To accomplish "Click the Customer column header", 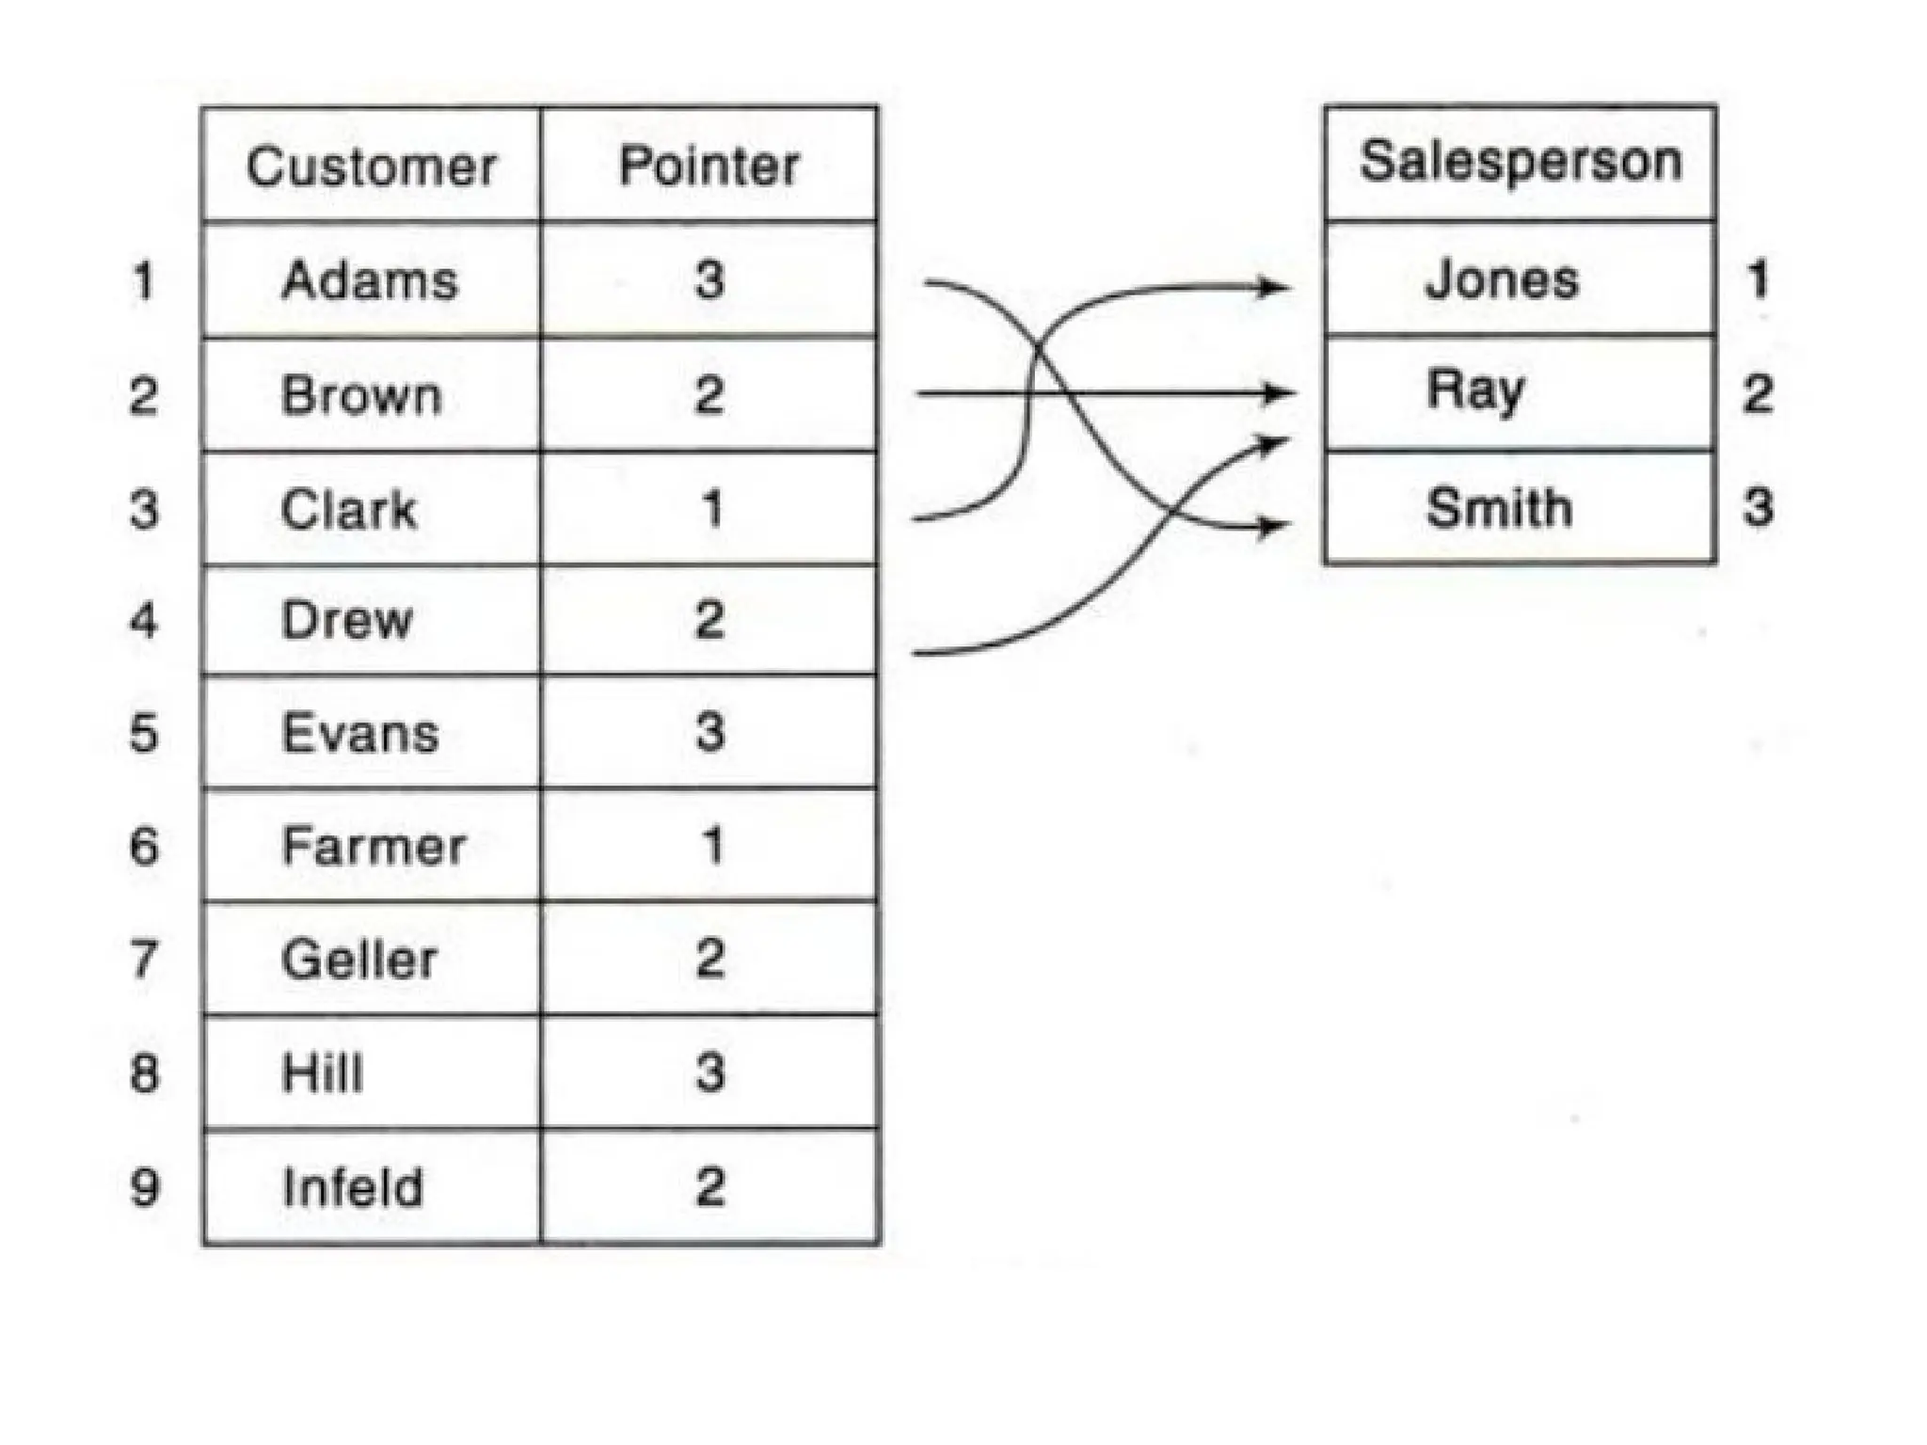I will [x=371, y=167].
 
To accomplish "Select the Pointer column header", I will [x=709, y=167].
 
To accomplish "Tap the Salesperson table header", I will [x=1520, y=161].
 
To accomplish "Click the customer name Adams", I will [x=370, y=280].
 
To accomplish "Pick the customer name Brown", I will [x=361, y=395].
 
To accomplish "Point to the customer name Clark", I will [x=348, y=509].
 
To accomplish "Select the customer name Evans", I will [x=360, y=733].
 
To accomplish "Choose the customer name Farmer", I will [x=374, y=846].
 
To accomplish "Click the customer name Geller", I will [x=359, y=960].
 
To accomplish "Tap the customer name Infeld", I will [x=353, y=1187].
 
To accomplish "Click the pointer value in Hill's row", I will [x=709, y=1072].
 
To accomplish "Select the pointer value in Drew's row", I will [x=709, y=620].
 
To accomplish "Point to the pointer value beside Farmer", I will [x=712, y=846].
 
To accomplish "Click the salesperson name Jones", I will [x=1502, y=279].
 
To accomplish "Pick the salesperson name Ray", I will [x=1474, y=390].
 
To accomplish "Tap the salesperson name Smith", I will [x=1499, y=508].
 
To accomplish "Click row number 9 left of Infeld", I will [x=144, y=1187].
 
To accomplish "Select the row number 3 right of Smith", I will [x=1758, y=507].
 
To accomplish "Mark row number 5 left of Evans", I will [x=144, y=733].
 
